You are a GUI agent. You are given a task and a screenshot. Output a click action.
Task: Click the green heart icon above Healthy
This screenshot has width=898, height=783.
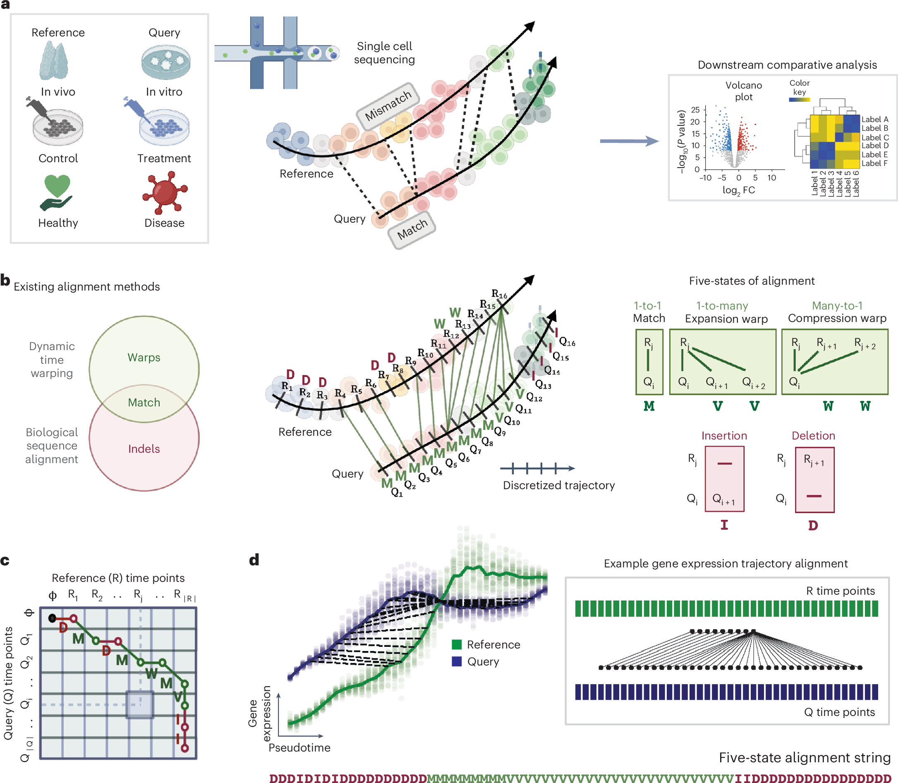pyautogui.click(x=57, y=186)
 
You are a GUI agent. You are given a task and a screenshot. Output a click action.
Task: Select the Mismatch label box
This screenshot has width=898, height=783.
pyautogui.click(x=388, y=105)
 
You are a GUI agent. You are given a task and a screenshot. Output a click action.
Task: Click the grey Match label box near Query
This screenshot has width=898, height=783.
pyautogui.click(x=412, y=230)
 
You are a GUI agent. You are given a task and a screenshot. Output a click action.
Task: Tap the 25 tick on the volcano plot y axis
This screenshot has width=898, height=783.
pyautogui.click(x=695, y=110)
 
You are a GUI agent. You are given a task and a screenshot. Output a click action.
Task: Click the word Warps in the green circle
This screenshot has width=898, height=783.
pyautogui.click(x=144, y=358)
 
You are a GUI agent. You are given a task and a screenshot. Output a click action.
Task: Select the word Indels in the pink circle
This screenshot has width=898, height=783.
pyautogui.click(x=144, y=449)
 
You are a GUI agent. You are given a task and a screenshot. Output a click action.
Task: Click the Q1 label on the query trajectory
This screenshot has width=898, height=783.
pyautogui.click(x=397, y=492)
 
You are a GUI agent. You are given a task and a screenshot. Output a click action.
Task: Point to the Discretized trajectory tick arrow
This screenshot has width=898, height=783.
pyautogui.click(x=537, y=468)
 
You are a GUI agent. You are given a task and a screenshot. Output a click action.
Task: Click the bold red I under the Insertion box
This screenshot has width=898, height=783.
pyautogui.click(x=724, y=525)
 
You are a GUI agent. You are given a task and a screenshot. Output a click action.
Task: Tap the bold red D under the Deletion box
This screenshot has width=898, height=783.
pyautogui.click(x=813, y=525)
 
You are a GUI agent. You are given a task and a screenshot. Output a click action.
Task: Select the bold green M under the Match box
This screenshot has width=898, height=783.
pyautogui.click(x=649, y=406)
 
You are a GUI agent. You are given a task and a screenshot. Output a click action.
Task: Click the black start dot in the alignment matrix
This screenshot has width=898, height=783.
pyautogui.click(x=52, y=618)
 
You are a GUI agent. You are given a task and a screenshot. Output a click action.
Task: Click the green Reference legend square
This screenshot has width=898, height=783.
pyautogui.click(x=457, y=644)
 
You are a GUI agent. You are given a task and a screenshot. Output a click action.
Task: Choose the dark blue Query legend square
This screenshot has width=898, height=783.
pyautogui.click(x=457, y=661)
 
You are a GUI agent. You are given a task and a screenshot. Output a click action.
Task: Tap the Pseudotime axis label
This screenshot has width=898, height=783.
pyautogui.click(x=299, y=747)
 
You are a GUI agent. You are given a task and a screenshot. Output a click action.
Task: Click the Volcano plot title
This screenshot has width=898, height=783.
pyautogui.click(x=743, y=91)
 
